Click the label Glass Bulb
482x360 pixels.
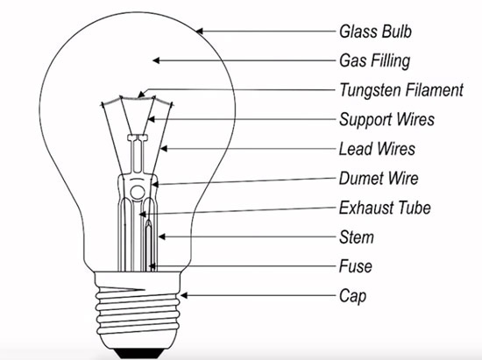pyautogui.click(x=375, y=32)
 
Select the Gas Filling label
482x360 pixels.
pyautogui.click(x=375, y=60)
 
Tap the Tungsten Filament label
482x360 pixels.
pyautogui.click(x=401, y=90)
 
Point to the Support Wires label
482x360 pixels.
pyautogui.click(x=386, y=119)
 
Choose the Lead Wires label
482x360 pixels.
pyautogui.click(x=377, y=149)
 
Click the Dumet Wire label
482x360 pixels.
pyautogui.click(x=379, y=178)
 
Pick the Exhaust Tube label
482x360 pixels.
pyautogui.click(x=385, y=208)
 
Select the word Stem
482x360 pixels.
pyautogui.click(x=357, y=237)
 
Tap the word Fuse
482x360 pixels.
pyautogui.click(x=355, y=266)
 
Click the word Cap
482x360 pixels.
pyautogui.click(x=352, y=296)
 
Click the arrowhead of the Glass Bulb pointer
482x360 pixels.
pyautogui.click(x=199, y=31)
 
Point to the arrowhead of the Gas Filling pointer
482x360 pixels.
pyautogui.click(x=156, y=60)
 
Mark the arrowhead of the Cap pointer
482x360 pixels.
pyautogui.click(x=183, y=295)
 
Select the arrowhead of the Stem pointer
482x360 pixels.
pyautogui.click(x=162, y=236)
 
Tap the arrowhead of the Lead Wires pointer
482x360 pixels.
pyautogui.click(x=164, y=149)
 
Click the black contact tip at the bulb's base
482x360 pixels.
pyautogui.click(x=138, y=353)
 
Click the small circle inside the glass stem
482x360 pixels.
pyautogui.click(x=138, y=193)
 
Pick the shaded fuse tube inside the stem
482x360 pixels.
pyautogui.click(x=149, y=246)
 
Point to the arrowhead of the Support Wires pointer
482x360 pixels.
pyautogui.click(x=151, y=119)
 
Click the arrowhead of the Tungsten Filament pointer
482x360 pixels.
pyautogui.click(x=141, y=94)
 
